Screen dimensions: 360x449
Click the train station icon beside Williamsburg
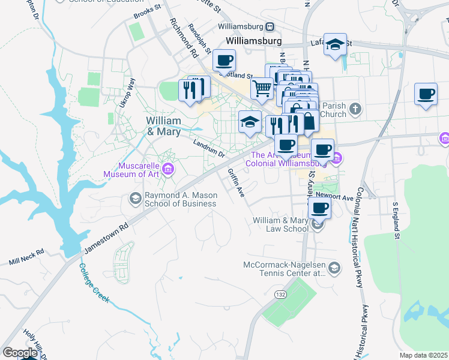(271, 26)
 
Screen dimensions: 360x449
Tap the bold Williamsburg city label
(254, 41)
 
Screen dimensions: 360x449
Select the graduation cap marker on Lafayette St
(336, 44)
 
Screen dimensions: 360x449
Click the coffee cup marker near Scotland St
(224, 61)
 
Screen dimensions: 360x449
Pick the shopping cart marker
(262, 88)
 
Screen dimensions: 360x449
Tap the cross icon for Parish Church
(355, 109)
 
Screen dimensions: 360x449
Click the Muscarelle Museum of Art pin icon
(168, 170)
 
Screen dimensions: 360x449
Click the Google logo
(20, 353)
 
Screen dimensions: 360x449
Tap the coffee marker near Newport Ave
(319, 208)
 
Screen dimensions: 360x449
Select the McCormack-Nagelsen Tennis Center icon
(334, 267)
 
